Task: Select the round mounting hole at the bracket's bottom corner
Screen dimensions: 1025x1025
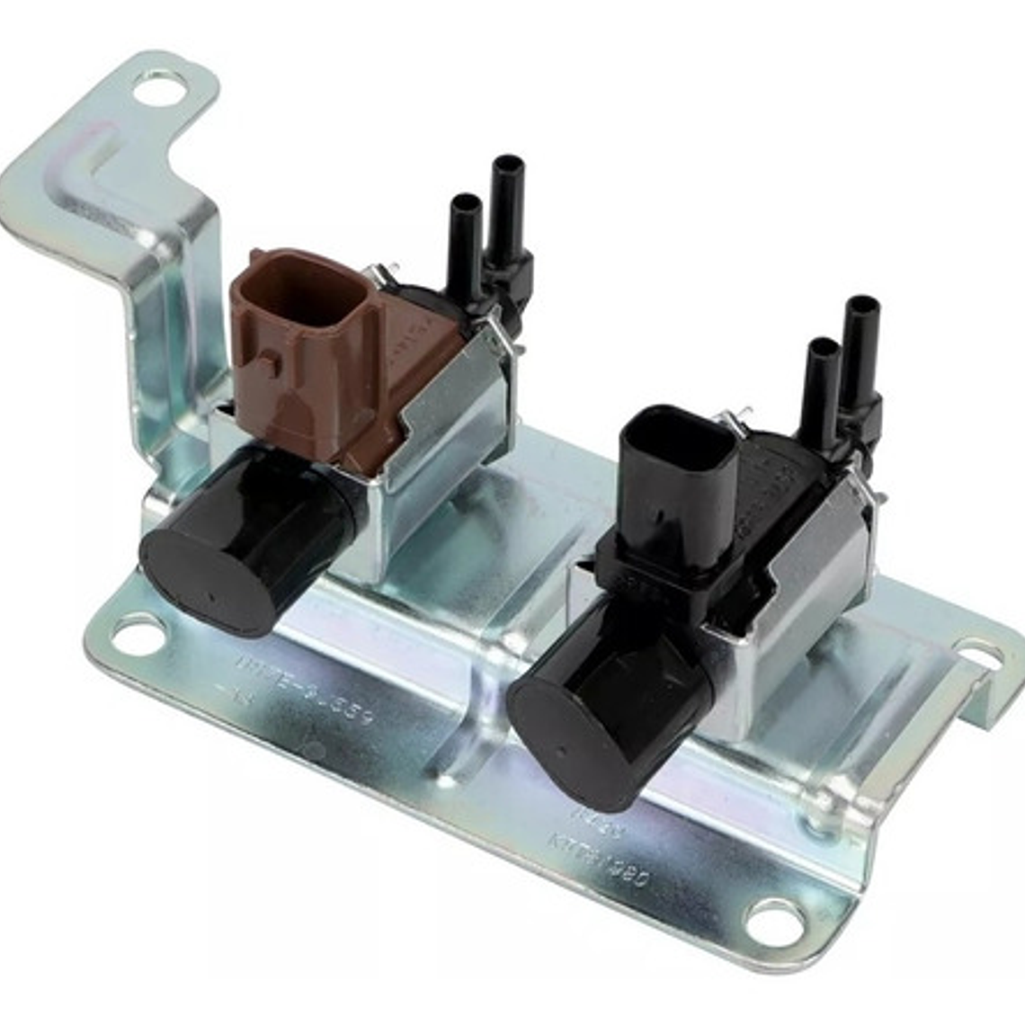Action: pyautogui.click(x=774, y=918)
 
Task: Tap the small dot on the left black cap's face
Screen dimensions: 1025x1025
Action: pyautogui.click(x=212, y=595)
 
